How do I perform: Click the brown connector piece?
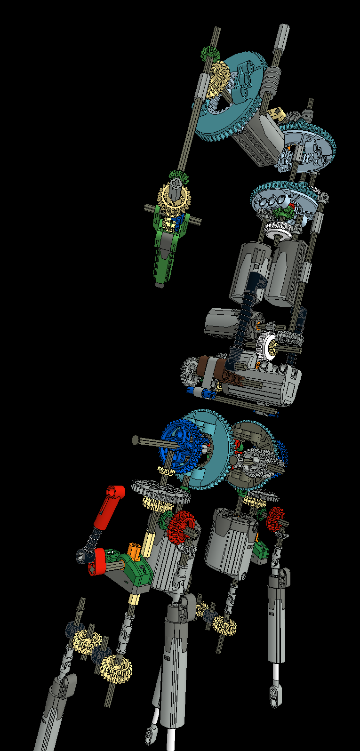point(206,365)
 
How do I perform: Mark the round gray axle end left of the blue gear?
point(136,440)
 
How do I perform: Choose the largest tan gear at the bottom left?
point(115,668)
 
